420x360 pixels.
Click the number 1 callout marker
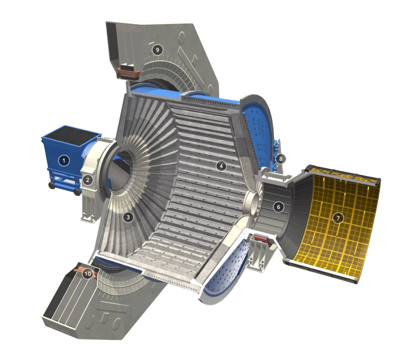click(64, 160)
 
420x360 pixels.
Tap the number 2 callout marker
click(88, 180)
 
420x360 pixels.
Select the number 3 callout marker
click(128, 217)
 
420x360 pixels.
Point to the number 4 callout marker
click(221, 166)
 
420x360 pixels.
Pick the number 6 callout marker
click(278, 207)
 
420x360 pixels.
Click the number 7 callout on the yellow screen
click(338, 218)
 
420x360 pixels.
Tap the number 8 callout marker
click(280, 159)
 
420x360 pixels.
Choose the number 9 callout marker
click(157, 50)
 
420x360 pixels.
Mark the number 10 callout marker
click(88, 274)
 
